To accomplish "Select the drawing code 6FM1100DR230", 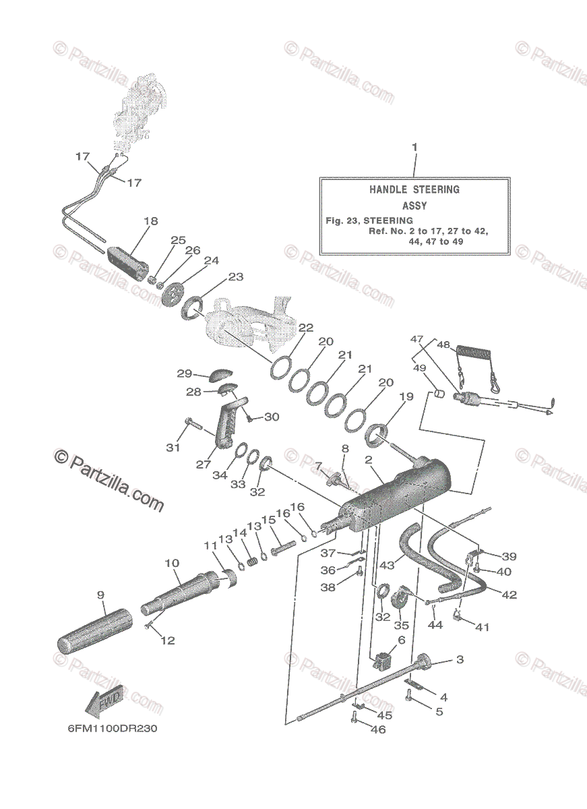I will (x=113, y=729).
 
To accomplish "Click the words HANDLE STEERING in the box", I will (x=414, y=189).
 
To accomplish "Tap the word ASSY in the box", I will (x=414, y=206).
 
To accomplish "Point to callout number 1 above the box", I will (x=414, y=146).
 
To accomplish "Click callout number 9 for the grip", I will (x=100, y=595).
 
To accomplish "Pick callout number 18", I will (x=150, y=221).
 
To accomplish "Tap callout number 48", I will (x=443, y=345).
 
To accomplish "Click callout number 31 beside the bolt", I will (x=174, y=448).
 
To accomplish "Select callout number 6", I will (x=402, y=640).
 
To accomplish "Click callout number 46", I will (x=378, y=729).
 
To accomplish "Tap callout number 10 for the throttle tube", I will (x=171, y=562).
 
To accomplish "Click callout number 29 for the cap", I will (x=185, y=373).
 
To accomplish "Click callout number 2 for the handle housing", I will (x=369, y=460).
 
